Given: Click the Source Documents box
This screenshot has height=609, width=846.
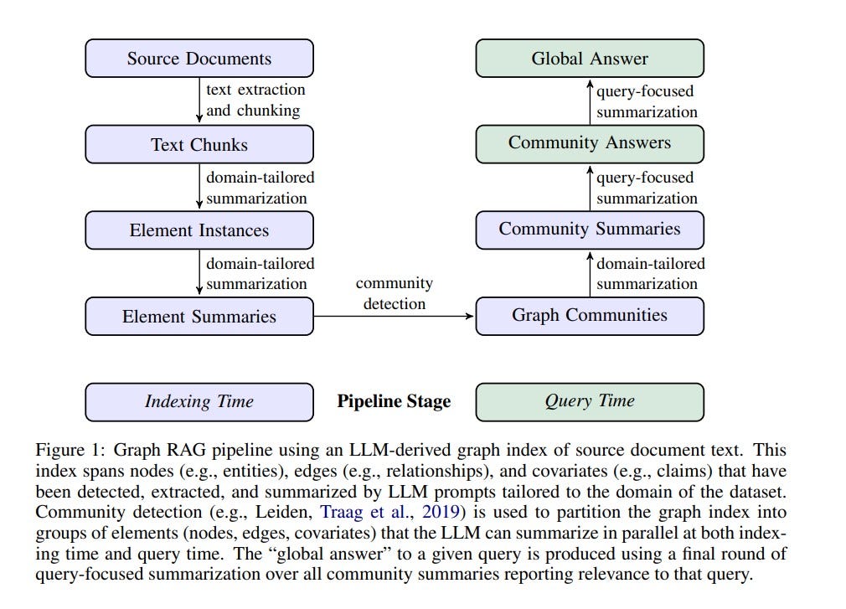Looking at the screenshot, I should tap(199, 59).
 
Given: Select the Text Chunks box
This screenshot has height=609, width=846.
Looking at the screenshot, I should tap(199, 144).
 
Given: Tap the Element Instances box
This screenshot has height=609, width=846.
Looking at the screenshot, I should tap(199, 230).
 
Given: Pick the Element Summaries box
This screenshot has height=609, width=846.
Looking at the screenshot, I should tap(199, 316).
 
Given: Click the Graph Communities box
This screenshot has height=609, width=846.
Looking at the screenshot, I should tap(590, 315).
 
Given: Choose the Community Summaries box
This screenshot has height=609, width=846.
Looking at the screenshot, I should tap(590, 229).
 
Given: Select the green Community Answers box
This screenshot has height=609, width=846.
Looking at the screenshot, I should tap(590, 142).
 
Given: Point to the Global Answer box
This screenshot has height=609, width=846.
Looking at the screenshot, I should tap(590, 59).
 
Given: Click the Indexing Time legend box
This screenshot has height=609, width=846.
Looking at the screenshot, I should tap(199, 401).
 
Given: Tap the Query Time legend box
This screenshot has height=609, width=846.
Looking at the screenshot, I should tap(590, 401).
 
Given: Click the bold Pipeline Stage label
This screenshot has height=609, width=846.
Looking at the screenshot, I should tap(394, 401).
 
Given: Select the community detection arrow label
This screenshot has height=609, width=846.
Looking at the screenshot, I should tap(394, 293).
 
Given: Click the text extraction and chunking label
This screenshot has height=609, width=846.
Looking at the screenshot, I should tap(255, 100).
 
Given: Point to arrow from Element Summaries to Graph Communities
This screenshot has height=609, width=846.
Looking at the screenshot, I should tap(394, 316).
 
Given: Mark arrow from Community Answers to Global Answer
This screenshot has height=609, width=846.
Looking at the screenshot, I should tap(590, 101).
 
